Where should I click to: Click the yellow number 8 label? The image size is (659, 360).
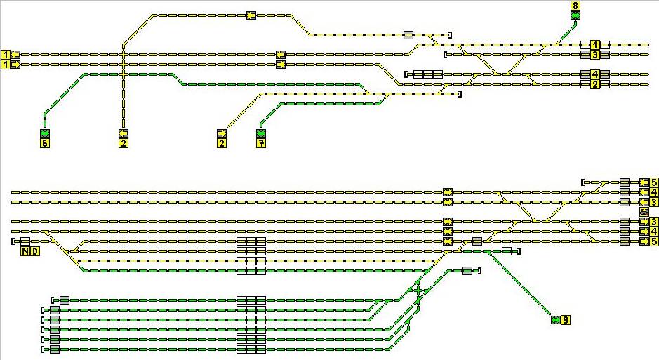pos(575,6)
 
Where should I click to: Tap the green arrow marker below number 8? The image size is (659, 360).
pos(575,15)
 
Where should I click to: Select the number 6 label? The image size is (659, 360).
pos(45,143)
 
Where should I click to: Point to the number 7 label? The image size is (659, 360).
pos(262,143)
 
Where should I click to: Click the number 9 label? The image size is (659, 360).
pos(566,320)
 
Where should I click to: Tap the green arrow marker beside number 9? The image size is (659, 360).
pos(556,320)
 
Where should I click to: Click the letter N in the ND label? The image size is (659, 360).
pos(25,252)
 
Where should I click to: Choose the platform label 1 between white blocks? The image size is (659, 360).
pos(594,44)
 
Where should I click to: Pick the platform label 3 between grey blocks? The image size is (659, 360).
pos(594,54)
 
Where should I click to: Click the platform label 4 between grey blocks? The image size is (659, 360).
pos(594,74)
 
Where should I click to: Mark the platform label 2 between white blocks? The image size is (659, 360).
pos(594,84)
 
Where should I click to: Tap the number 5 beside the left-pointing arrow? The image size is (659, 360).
pos(653,182)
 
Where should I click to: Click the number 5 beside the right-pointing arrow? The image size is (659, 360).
pos(653,241)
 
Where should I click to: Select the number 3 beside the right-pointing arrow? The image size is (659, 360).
pos(653,222)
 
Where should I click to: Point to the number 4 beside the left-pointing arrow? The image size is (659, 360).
pos(653,192)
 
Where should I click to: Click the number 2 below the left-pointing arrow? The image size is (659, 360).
pos(124,143)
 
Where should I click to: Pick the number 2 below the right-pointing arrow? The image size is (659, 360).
pos(222,143)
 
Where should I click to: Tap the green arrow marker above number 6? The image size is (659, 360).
pos(45,133)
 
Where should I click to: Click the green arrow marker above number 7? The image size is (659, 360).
pos(262,133)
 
